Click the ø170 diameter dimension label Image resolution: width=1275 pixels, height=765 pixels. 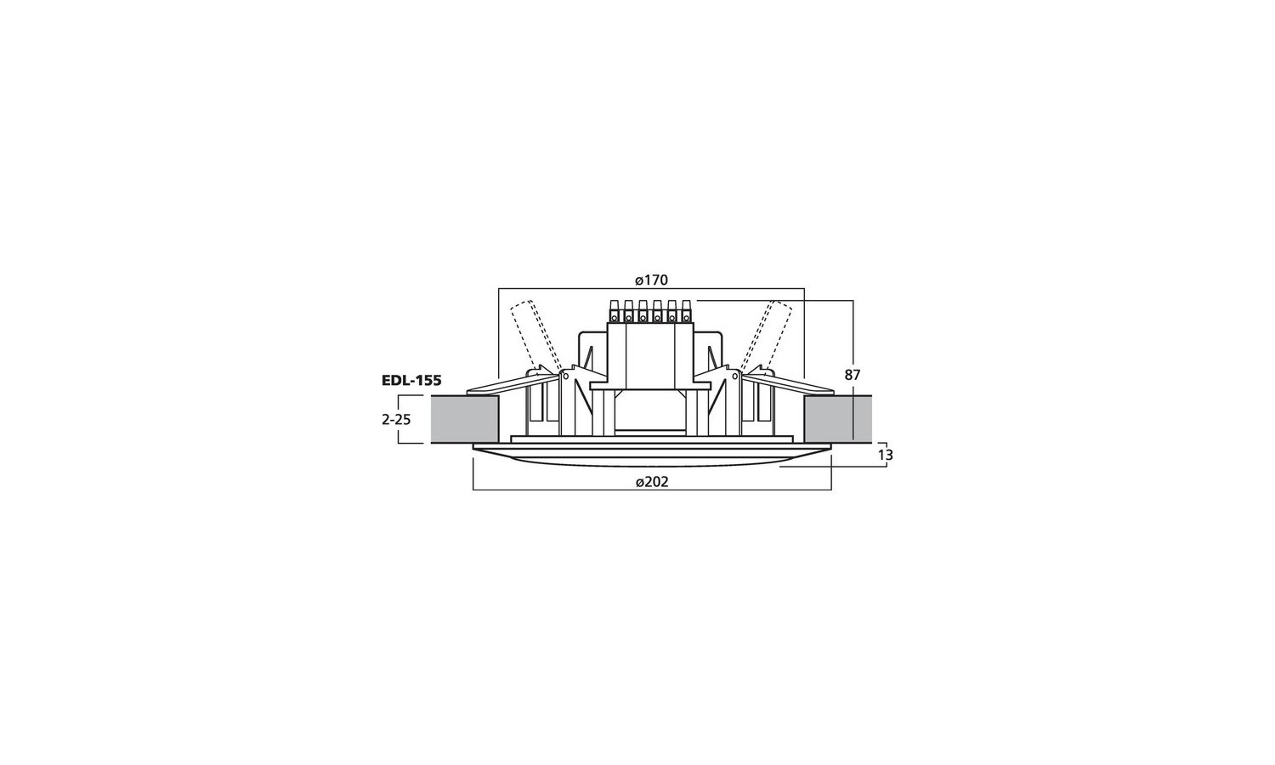coord(651,280)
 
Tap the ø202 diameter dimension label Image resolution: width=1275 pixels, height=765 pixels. coord(652,482)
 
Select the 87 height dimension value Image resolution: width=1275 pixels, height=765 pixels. coord(852,375)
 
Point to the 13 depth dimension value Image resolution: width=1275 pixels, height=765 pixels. coord(886,456)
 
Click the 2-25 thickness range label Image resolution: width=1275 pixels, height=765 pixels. coord(396,420)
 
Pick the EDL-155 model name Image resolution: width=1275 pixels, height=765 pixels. coord(411,380)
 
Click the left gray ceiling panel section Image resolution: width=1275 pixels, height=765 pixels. coord(464,420)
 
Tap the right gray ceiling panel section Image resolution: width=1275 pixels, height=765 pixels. coord(838,420)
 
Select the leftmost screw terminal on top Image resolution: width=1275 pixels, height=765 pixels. coord(615,311)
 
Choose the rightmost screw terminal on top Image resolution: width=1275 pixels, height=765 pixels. coord(686,311)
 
